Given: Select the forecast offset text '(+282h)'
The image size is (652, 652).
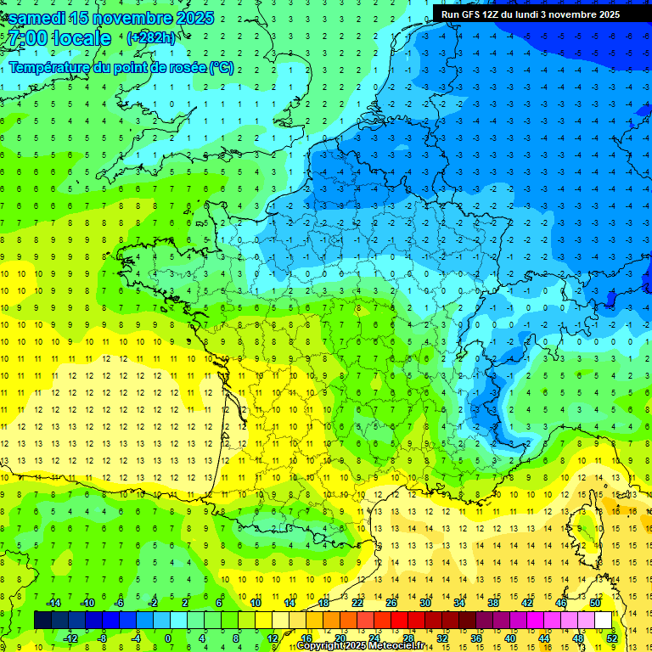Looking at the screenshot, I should click(x=151, y=38).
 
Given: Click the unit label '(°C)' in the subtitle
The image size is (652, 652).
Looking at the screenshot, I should click(x=222, y=67).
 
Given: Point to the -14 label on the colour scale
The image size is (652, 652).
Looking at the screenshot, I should click(x=53, y=603).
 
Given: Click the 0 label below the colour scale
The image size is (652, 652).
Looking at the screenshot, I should click(x=168, y=638).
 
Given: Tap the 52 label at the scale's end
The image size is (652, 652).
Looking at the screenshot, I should click(x=612, y=638).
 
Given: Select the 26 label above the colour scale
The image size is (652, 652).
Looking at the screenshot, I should click(x=391, y=603).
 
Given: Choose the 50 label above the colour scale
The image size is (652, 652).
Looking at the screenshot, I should click(x=595, y=603).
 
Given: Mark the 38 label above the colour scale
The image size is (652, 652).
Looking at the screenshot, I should click(x=493, y=603).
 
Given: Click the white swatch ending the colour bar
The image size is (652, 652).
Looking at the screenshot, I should click(x=603, y=620).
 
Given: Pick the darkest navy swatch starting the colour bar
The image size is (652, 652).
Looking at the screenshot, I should click(x=42, y=620).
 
